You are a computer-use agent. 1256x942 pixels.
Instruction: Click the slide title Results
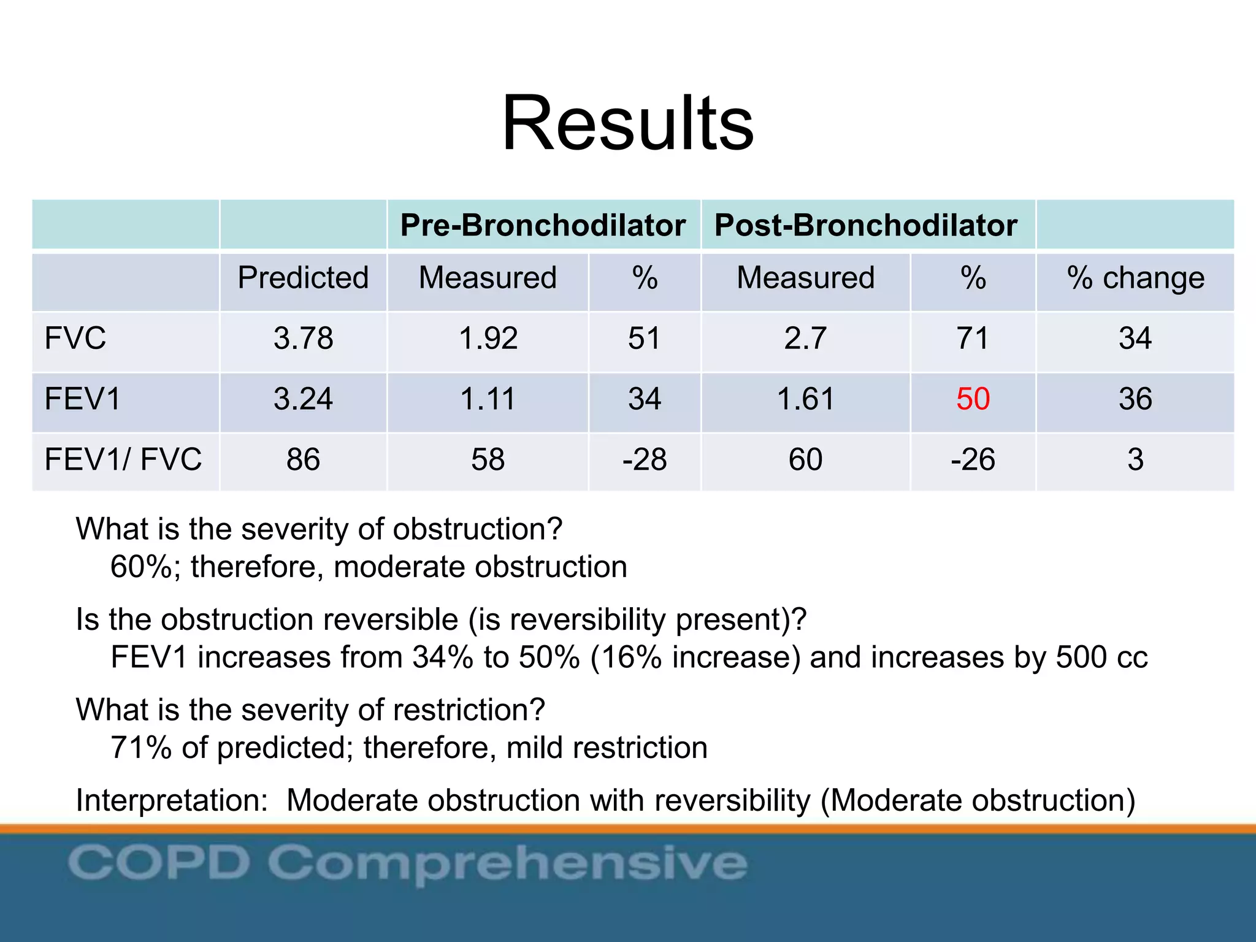(627, 123)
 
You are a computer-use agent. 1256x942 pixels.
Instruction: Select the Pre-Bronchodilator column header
(543, 225)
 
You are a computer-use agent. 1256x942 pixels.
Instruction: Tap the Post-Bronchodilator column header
(865, 225)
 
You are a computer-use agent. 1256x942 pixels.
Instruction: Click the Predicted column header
(303, 278)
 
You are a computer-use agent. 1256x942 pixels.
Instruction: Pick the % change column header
(1135, 278)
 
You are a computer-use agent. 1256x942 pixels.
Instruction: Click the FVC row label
(75, 339)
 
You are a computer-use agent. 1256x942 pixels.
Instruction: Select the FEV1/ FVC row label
(123, 460)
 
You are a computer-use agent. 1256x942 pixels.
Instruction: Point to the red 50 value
(973, 399)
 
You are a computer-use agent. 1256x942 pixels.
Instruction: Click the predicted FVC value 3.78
(303, 339)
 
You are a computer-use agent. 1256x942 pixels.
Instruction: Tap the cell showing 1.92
(488, 339)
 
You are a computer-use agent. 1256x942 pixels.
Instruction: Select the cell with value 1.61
(805, 399)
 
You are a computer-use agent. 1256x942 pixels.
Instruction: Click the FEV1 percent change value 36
(1135, 399)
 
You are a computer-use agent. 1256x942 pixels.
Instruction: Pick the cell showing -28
(644, 460)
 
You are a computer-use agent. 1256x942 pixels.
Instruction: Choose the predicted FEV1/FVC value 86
(303, 460)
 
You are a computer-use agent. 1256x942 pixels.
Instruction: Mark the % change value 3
(1135, 460)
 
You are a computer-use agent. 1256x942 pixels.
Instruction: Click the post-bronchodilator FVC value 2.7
(805, 339)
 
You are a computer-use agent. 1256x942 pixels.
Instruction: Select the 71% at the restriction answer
(141, 748)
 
